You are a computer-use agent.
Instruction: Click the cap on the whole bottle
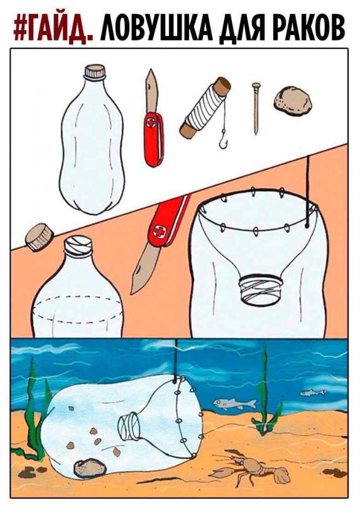[x=95, y=71]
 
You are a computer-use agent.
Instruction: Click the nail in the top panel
[x=256, y=108]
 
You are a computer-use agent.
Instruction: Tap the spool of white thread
[x=205, y=108]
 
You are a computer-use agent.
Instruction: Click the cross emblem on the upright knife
[x=151, y=123]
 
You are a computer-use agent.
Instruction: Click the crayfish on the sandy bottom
[x=250, y=468]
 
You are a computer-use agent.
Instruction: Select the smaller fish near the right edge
[x=312, y=393]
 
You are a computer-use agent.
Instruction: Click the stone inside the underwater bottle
[x=90, y=468]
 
